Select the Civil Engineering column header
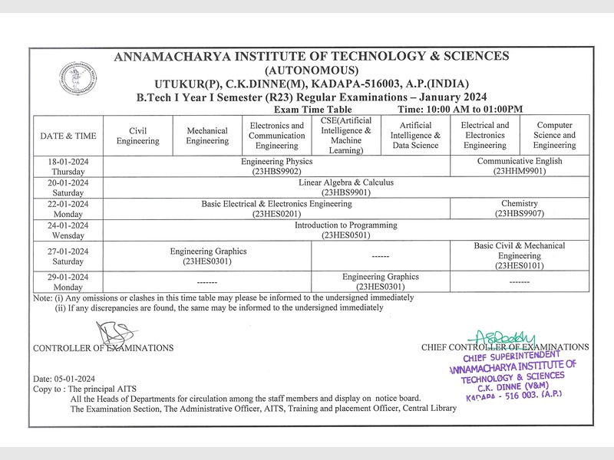[137, 136]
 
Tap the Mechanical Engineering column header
[207, 136]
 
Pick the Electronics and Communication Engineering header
[276, 136]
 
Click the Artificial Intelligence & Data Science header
[414, 136]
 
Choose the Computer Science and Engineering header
[555, 136]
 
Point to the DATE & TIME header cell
[68, 136]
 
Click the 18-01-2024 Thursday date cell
[68, 166]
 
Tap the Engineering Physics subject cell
[276, 166]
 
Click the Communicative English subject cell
[520, 166]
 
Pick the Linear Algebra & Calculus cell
[345, 188]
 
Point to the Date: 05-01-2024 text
[64, 379]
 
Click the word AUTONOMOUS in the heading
[310, 69]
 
